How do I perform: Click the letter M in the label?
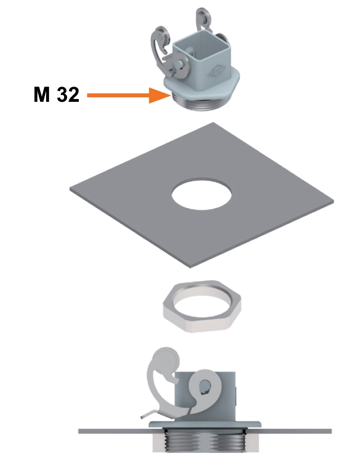[x=42, y=95]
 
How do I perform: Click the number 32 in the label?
[x=68, y=95]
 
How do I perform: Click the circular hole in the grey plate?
[x=201, y=194]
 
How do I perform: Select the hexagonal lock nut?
[x=202, y=306]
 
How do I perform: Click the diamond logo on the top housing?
[x=217, y=71]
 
